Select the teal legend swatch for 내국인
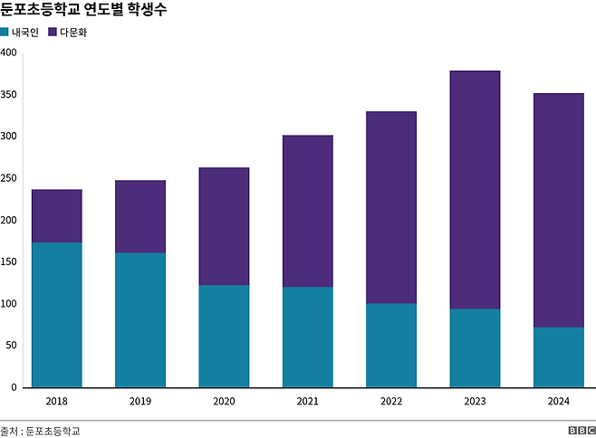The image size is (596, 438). (x=5, y=33)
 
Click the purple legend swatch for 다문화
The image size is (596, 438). (x=53, y=33)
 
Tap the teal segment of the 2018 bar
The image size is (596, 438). (x=56, y=314)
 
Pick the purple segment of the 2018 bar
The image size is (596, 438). (x=56, y=215)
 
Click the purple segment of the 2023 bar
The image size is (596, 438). (x=475, y=190)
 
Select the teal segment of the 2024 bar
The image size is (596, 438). (x=558, y=357)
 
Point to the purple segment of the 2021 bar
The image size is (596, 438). (x=307, y=211)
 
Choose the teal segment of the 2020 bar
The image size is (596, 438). (x=224, y=336)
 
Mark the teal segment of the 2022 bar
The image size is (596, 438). (x=390, y=345)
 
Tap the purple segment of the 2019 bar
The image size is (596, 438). (x=139, y=216)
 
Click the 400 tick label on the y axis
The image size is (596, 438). (x=9, y=52)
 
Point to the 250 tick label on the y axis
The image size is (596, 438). (x=9, y=178)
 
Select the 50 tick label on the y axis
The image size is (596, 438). (x=12, y=346)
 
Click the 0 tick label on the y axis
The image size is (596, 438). (x=14, y=387)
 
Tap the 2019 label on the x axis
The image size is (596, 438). (x=139, y=402)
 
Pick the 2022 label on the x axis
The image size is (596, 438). (x=390, y=402)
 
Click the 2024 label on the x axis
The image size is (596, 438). (x=558, y=402)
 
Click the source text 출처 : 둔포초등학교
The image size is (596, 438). (x=40, y=430)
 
